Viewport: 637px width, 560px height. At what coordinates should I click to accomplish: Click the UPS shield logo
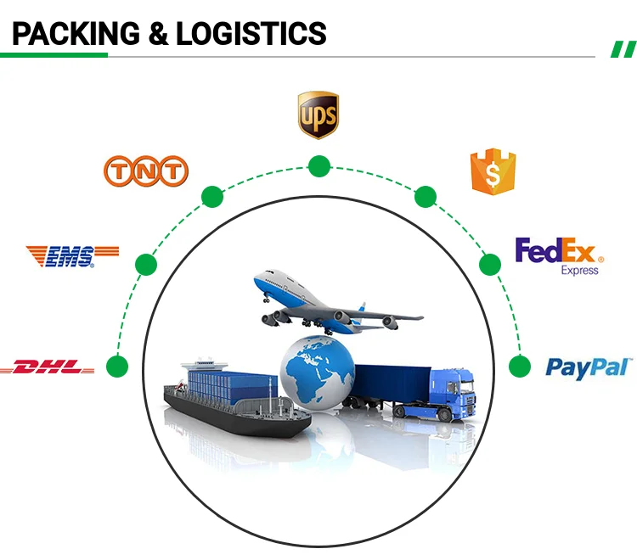click(318, 115)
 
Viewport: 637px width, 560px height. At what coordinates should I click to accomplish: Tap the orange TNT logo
click(144, 171)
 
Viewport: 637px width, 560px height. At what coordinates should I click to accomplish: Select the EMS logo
click(72, 255)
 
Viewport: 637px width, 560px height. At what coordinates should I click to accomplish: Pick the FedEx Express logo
click(559, 255)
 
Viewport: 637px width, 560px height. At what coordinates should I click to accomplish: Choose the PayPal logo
click(588, 367)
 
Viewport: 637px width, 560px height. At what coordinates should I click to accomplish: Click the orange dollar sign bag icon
click(493, 171)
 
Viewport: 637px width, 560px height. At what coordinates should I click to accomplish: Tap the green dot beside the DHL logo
click(117, 367)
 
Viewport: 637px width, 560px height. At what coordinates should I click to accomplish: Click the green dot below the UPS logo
click(318, 166)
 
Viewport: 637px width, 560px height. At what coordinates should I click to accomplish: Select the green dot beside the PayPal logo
click(519, 367)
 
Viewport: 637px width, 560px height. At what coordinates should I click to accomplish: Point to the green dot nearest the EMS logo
click(146, 265)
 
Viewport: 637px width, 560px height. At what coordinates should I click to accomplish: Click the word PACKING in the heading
click(76, 33)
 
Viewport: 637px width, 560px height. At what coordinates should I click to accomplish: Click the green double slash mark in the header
click(623, 48)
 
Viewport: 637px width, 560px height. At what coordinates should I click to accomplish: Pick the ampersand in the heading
click(158, 33)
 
